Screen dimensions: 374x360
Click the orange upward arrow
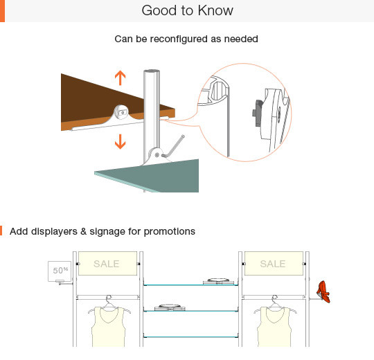coord(121,78)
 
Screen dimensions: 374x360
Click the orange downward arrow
coord(121,142)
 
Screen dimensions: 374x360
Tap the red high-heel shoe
coord(323,292)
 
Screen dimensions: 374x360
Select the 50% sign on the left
coord(60,271)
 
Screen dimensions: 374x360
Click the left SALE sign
coord(107,264)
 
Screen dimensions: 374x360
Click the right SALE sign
coord(274,264)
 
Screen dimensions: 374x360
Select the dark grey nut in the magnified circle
coord(258,113)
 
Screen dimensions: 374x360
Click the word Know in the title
coord(215,10)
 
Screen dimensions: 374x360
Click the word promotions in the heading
coord(170,231)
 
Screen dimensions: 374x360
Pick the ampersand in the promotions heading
coord(84,231)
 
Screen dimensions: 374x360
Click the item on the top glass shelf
coord(218,281)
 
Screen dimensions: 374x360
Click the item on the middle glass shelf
coord(170,307)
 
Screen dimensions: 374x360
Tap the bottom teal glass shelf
coord(191,337)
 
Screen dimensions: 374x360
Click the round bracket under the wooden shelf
coord(122,112)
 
